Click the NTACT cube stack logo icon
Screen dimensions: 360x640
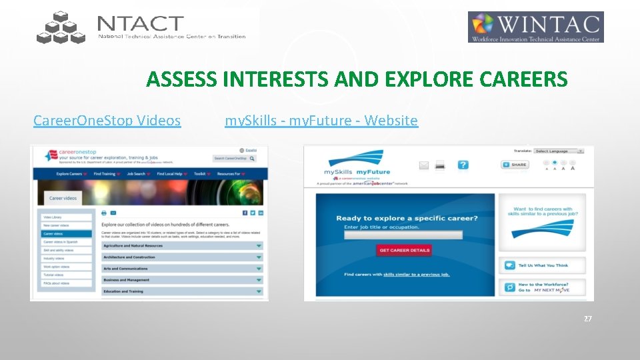tap(61, 28)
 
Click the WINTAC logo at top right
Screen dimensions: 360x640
tap(535, 27)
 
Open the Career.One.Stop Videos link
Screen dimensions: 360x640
tap(107, 121)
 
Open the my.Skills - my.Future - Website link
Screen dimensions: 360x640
tap(321, 121)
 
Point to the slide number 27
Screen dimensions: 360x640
tap(587, 319)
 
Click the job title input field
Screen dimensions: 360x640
tap(403, 235)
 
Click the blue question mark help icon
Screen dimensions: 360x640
tap(463, 165)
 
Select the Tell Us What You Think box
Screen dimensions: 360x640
tap(543, 265)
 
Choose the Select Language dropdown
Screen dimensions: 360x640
tap(559, 151)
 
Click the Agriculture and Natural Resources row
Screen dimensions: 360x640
tap(181, 246)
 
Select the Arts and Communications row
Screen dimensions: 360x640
tap(181, 269)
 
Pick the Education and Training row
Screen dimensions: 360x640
tap(181, 291)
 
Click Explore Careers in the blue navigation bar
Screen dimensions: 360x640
tap(71, 174)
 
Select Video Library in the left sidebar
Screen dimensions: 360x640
tap(67, 217)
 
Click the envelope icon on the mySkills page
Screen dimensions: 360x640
tap(423, 165)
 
